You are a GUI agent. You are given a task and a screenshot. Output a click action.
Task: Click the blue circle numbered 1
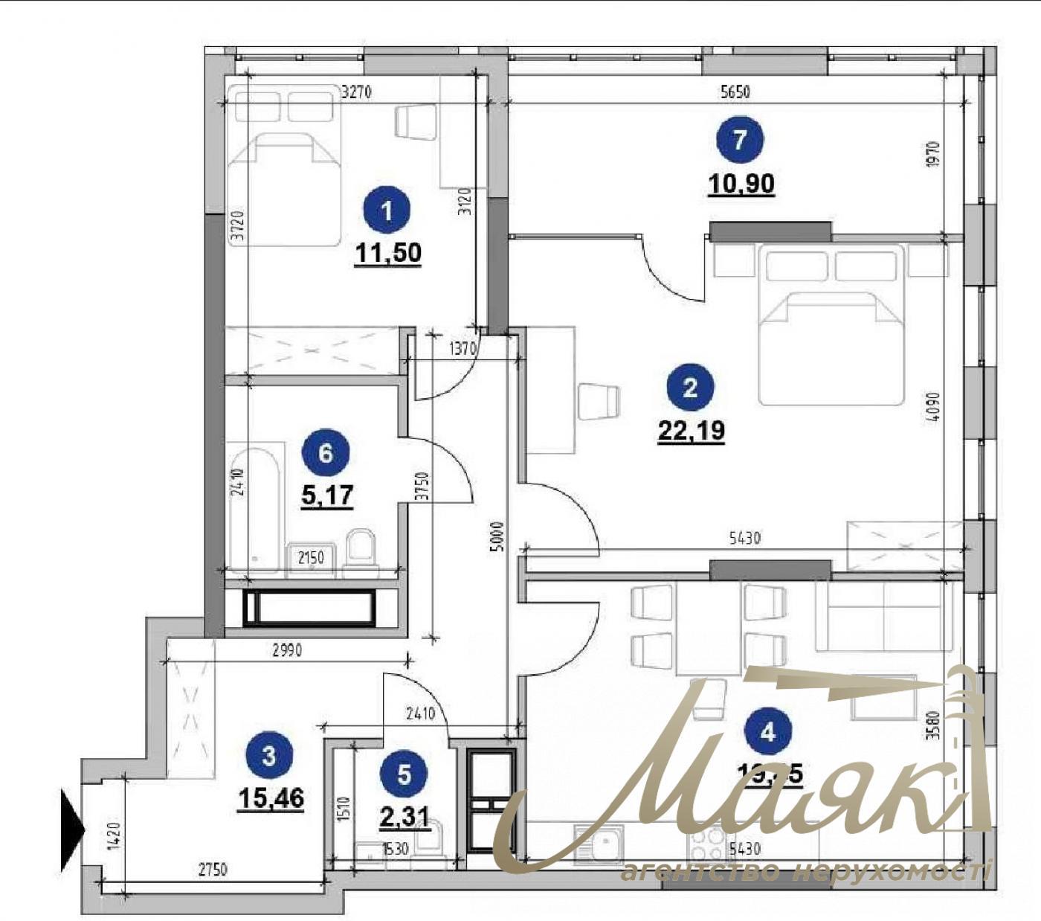coord(386,212)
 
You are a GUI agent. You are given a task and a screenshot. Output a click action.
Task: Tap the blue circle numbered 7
coord(739,141)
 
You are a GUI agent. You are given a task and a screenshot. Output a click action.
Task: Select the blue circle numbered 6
coord(325,452)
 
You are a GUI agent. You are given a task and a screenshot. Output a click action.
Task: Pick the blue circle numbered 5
coord(404,774)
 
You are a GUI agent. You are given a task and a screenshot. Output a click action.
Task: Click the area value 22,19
coord(691,430)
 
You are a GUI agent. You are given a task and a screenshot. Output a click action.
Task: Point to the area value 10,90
coord(741,183)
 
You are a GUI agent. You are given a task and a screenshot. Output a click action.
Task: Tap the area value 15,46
coord(271,798)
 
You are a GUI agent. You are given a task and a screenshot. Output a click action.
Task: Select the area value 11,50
coord(388,254)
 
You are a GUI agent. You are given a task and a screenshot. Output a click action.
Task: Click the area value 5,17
coord(326,494)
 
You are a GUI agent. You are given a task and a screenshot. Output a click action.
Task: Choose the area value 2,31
coord(405,817)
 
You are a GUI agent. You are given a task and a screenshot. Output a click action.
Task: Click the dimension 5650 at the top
coord(735,92)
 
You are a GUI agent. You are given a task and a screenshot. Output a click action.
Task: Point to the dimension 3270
coord(356,92)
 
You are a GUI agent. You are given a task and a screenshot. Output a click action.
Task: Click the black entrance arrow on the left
coord(72,829)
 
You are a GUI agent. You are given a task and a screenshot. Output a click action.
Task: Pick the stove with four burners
coord(710,845)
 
